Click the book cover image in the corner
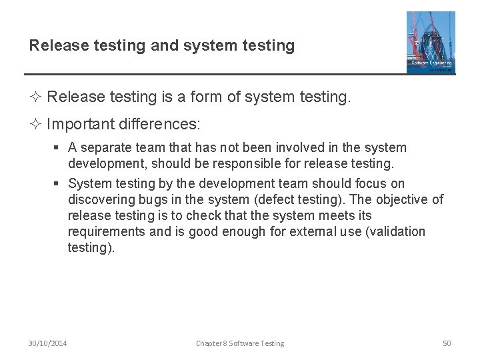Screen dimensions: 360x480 point(431,42)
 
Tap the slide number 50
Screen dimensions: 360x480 point(447,343)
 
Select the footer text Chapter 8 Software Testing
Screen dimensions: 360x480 point(240,343)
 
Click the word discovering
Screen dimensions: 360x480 point(101,199)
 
